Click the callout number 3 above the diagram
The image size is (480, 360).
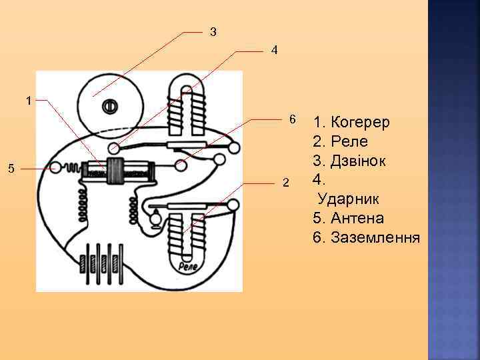pos(213,31)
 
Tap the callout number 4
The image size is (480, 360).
pos(274,51)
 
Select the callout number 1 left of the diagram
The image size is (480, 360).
pos(28,101)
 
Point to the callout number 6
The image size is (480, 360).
pos(291,120)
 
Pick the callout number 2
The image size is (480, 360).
pos(285,183)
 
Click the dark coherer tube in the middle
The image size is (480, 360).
pos(118,173)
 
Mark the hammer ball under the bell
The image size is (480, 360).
pos(115,147)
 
